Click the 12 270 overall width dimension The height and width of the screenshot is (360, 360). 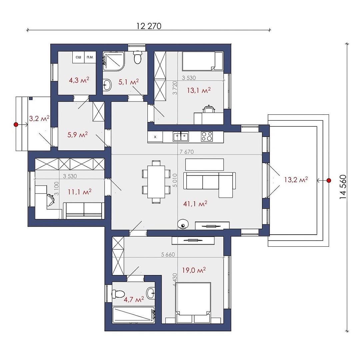(149, 26)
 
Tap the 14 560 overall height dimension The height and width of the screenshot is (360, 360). (343, 187)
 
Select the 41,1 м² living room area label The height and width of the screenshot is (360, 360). (195, 203)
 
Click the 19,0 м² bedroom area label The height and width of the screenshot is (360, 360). (194, 270)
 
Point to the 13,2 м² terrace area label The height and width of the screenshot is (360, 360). (296, 180)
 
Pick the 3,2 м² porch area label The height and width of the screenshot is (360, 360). (39, 118)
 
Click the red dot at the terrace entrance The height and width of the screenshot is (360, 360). (329, 180)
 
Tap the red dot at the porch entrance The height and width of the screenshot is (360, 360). (16, 124)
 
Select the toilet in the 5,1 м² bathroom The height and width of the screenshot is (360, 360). (138, 57)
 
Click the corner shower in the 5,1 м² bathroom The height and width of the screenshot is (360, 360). (113, 61)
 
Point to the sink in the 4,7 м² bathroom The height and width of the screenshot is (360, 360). (151, 293)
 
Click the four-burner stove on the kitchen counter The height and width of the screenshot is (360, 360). (207, 136)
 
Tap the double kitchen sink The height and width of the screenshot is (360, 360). (181, 136)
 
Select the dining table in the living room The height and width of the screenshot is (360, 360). (156, 182)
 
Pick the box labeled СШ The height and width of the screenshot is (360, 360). (78, 57)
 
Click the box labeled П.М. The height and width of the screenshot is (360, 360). (90, 57)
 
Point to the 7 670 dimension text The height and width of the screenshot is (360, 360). (187, 152)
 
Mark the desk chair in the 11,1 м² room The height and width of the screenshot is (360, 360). (50, 199)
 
